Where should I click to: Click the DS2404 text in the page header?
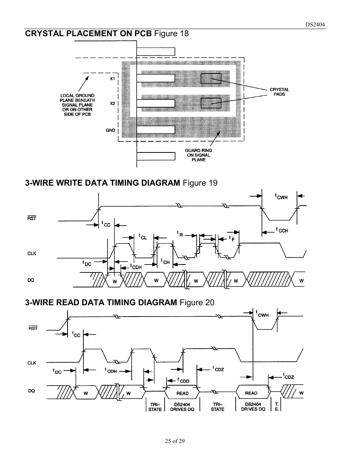[315, 25]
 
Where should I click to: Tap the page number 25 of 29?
[175, 441]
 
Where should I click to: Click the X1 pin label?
[112, 79]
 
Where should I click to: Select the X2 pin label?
[112, 103]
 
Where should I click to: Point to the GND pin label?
[110, 130]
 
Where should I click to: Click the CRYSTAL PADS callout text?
[279, 92]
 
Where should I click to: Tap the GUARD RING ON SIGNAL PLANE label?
[198, 155]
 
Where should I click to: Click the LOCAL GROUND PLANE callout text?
[77, 105]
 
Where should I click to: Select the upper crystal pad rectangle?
[211, 78]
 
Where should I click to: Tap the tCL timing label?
[142, 237]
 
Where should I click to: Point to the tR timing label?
[180, 234]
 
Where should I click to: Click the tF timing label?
[232, 238]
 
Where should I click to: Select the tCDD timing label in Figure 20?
[184, 381]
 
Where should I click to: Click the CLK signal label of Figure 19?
[32, 254]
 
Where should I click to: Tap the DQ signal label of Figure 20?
[32, 391]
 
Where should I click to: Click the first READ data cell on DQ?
[182, 393]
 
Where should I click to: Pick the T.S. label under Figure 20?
[277, 407]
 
